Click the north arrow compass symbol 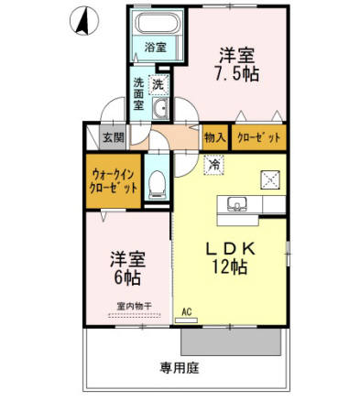pos(81,19)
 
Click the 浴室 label pos(154,47)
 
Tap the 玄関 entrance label pos(111,137)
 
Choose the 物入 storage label pos(214,137)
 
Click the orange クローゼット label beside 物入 pos(259,137)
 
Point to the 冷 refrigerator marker pos(212,165)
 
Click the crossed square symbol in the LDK pos(271,179)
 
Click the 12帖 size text pos(233,267)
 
